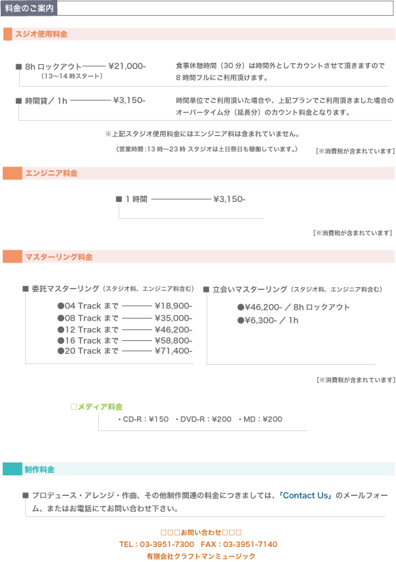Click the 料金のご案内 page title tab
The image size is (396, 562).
tap(29, 8)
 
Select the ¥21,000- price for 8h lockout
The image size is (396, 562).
tap(127, 66)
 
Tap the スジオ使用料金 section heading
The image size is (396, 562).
tap(41, 34)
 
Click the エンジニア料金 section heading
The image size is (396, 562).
tap(51, 173)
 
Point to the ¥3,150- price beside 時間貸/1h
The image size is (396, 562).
tap(130, 100)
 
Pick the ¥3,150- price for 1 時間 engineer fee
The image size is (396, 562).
tap(230, 199)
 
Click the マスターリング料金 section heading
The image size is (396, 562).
tap(59, 257)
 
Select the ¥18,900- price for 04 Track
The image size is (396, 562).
tap(174, 306)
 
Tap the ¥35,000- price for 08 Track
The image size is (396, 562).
tap(174, 319)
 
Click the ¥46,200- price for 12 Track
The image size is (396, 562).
tap(174, 329)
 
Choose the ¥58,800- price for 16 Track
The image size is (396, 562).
tap(174, 340)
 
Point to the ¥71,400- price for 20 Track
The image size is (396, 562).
tap(174, 351)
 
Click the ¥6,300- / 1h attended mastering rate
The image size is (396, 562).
tap(268, 321)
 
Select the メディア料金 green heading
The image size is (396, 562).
tap(97, 406)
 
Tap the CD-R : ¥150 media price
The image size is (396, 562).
tap(143, 419)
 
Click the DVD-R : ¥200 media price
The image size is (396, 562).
tap(203, 419)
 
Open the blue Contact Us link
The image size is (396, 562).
tap(305, 496)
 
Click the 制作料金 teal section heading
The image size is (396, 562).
tap(40, 469)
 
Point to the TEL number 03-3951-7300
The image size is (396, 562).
tap(167, 544)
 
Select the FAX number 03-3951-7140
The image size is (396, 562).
tap(250, 544)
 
